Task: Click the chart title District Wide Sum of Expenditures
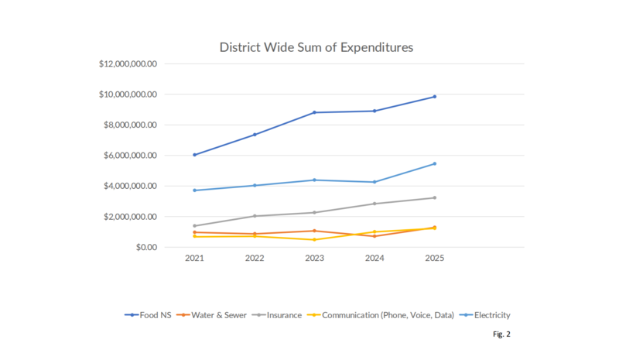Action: point(316,47)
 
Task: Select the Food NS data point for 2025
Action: point(434,97)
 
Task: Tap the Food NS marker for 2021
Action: point(194,155)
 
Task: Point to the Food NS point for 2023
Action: point(314,112)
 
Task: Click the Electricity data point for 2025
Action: point(434,163)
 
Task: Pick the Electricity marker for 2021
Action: point(194,190)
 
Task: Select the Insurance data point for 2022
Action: point(255,216)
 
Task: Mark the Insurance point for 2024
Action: point(374,204)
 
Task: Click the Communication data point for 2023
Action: point(314,240)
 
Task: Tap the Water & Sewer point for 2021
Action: point(194,232)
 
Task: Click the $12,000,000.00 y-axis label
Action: point(128,64)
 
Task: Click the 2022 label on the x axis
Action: point(255,262)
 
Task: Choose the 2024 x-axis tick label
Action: point(374,262)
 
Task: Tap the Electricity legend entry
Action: point(485,315)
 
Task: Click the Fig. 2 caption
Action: point(501,334)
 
